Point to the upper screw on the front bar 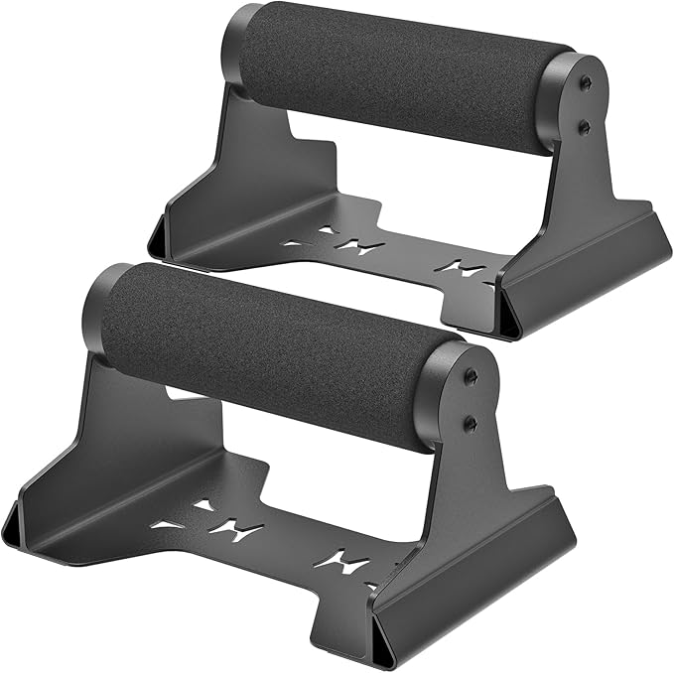[x=473, y=376]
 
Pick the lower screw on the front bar [x=470, y=423]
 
